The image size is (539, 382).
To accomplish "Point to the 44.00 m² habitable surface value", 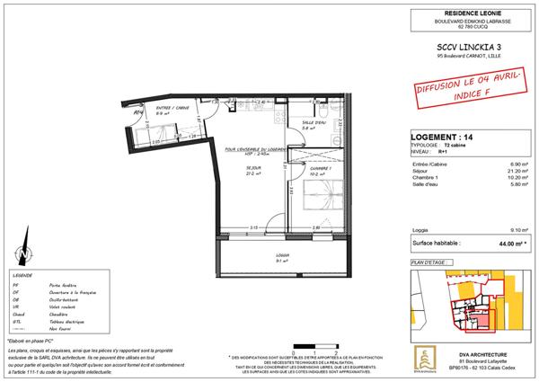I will pyautogui.click(x=509, y=243).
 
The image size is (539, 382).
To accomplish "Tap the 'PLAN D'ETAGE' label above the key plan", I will pyautogui.click(x=430, y=261).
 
